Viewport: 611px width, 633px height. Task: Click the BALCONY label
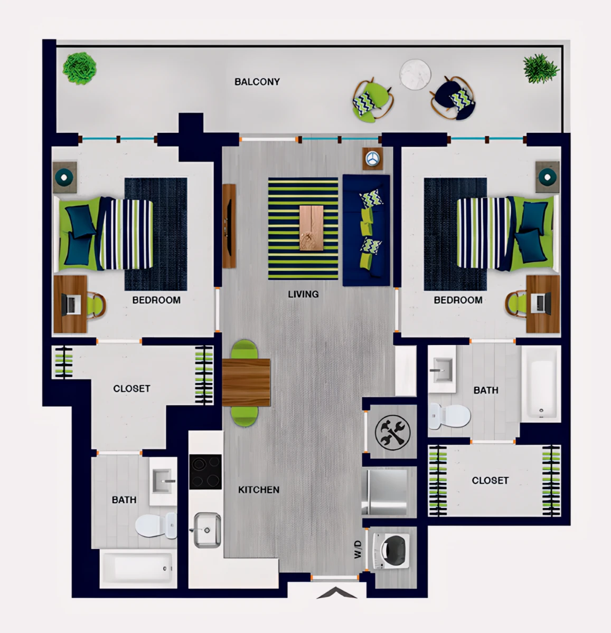[x=257, y=82]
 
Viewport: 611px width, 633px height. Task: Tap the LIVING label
[x=303, y=294]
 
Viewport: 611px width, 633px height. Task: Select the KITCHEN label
[x=259, y=490]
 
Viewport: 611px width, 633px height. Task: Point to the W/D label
[x=358, y=550]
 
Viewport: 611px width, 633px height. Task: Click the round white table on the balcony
[x=415, y=74]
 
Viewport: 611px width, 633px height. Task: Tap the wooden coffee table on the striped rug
[x=312, y=228]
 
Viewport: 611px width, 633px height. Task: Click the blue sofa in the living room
[x=366, y=231]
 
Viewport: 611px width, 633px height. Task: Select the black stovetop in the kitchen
[x=205, y=472]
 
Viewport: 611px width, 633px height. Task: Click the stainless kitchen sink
[x=207, y=531]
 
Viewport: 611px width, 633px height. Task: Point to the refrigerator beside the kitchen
[x=385, y=492]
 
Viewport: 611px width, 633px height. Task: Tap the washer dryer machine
[x=391, y=551]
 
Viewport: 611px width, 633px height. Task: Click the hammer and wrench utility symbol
[x=392, y=432]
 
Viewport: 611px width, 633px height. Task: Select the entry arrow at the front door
[x=336, y=593]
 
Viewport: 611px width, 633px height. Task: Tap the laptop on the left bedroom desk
[x=73, y=304]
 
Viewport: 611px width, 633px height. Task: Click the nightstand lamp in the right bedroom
[x=548, y=177]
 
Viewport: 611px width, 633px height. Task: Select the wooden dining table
[x=246, y=382]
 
